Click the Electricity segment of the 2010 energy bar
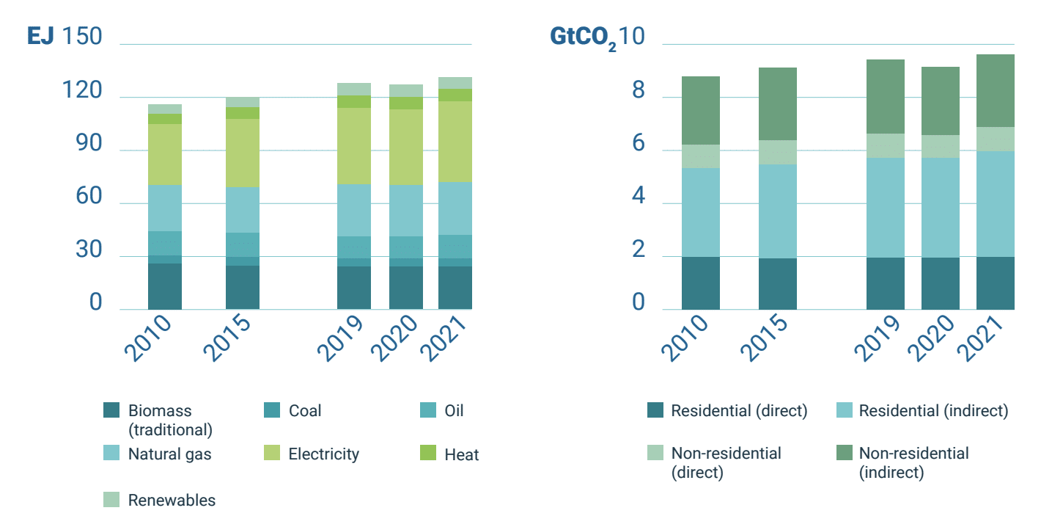[x=165, y=154]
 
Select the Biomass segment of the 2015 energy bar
[x=243, y=287]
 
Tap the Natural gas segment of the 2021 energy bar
[x=455, y=208]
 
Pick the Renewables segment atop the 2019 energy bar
[x=354, y=89]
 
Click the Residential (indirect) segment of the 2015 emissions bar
[x=778, y=211]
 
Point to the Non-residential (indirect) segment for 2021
[x=996, y=90]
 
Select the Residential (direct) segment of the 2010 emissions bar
[x=701, y=283]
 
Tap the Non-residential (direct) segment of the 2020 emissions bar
[x=941, y=146]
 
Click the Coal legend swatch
[x=271, y=411]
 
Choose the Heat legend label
[x=462, y=455]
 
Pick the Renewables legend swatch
[x=111, y=500]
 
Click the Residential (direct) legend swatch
[x=655, y=411]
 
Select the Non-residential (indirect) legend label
[x=913, y=462]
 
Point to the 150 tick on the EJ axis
[x=82, y=36]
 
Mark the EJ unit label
[x=41, y=36]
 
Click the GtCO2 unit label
[x=583, y=37]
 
